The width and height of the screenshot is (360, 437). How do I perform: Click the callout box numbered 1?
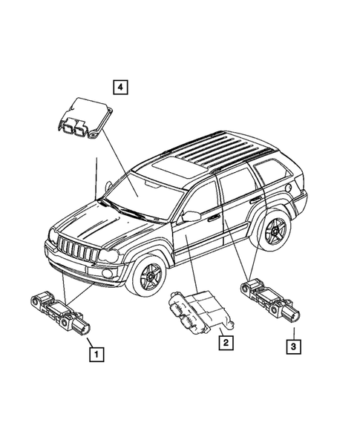(95, 355)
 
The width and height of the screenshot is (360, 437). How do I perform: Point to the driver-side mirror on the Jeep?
(190, 216)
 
